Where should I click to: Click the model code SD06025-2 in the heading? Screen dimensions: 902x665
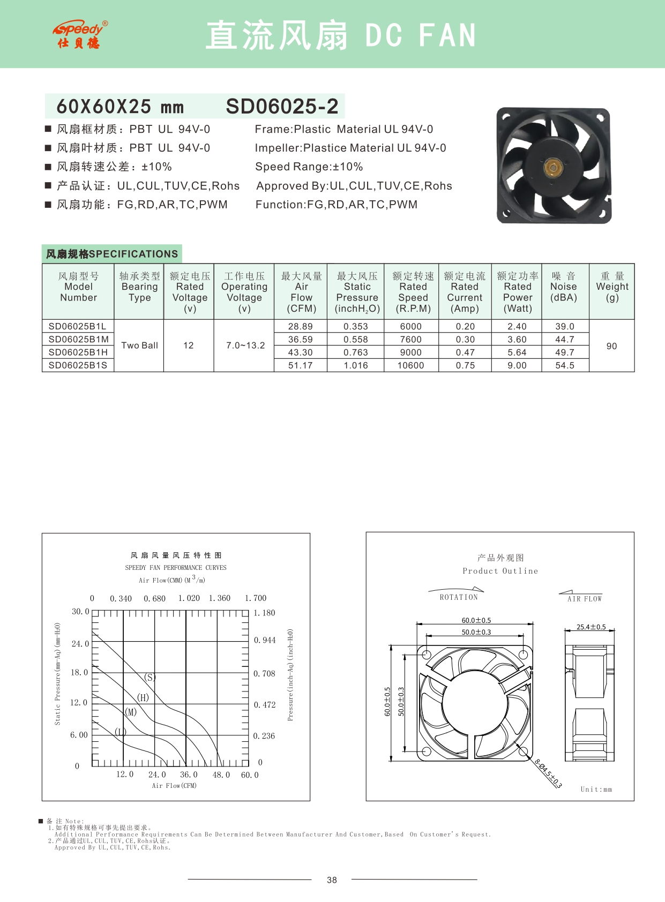[x=282, y=107]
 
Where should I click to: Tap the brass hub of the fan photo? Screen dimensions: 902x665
[x=553, y=168]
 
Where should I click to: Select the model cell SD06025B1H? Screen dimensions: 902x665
[x=78, y=352]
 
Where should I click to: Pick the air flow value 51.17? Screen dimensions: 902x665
[x=301, y=365]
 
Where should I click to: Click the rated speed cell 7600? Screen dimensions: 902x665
[x=410, y=340]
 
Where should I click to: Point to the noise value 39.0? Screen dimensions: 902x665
[x=565, y=326]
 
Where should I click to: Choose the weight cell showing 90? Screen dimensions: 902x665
[x=611, y=346]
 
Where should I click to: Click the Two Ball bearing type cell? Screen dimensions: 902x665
[x=139, y=345]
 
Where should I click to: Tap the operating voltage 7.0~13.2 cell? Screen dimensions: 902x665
[x=245, y=345]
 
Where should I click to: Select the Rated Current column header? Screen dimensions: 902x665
[x=465, y=292]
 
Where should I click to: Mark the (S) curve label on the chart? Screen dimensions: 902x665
[x=150, y=677]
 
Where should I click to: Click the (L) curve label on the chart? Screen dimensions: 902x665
[x=120, y=732]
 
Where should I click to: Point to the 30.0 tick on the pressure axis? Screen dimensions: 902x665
[x=80, y=612]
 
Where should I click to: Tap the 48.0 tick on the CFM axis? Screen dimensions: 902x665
[x=221, y=775]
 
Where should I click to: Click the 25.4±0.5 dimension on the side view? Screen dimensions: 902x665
[x=591, y=627]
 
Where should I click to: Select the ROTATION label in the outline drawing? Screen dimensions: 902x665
[x=459, y=597]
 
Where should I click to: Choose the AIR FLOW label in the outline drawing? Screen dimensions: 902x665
[x=585, y=599]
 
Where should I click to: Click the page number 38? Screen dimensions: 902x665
[x=332, y=880]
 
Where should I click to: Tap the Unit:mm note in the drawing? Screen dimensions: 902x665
[x=596, y=789]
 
